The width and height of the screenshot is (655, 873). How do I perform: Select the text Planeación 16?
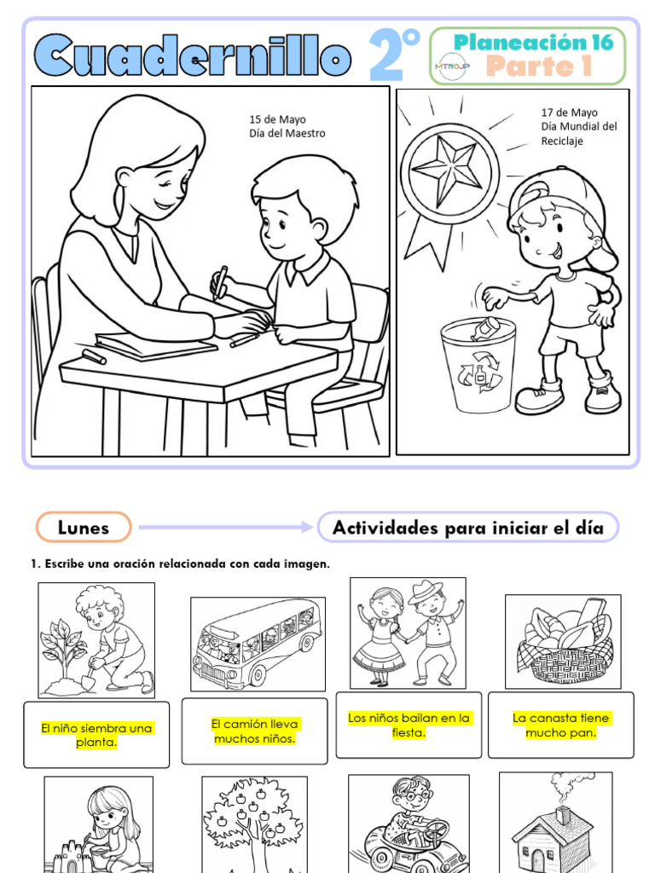pyautogui.click(x=534, y=42)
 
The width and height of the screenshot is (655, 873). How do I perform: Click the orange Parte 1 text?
pyautogui.click(x=538, y=66)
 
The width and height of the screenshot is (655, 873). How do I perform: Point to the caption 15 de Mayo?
pyautogui.click(x=277, y=119)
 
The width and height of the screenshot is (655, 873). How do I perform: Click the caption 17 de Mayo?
pyautogui.click(x=569, y=113)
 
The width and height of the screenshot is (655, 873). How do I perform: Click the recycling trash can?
pyautogui.click(x=478, y=365)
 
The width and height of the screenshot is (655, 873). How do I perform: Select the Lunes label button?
pyautogui.click(x=84, y=528)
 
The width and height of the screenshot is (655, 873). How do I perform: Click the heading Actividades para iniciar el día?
pyautogui.click(x=467, y=528)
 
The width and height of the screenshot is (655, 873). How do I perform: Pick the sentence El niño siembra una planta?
pyautogui.click(x=96, y=735)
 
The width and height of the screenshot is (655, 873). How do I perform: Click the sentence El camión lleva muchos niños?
pyautogui.click(x=254, y=731)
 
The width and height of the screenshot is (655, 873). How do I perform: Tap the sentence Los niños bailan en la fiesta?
pyautogui.click(x=409, y=725)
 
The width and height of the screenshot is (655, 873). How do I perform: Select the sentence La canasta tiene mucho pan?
pyautogui.click(x=560, y=725)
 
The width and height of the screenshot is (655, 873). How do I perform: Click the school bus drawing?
pyautogui.click(x=257, y=644)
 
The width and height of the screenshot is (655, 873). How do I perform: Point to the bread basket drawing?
pyautogui.click(x=563, y=640)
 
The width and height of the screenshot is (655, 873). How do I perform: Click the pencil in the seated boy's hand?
pyautogui.click(x=221, y=281)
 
